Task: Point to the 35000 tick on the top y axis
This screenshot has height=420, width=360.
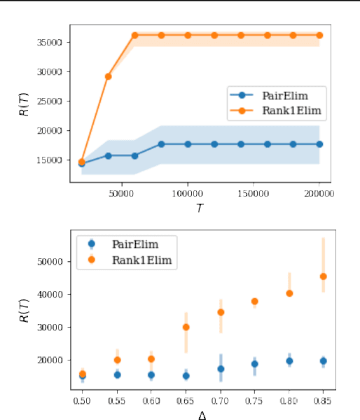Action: point(54,42)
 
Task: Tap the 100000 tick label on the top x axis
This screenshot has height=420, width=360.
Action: point(188,194)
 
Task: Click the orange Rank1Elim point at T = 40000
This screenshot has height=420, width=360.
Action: point(108,76)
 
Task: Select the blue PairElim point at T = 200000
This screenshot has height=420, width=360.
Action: point(319,144)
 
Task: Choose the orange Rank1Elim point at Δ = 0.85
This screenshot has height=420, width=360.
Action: point(323,276)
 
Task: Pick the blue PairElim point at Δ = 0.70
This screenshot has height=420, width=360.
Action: point(221,369)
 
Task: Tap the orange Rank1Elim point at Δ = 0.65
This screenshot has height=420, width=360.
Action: point(186,327)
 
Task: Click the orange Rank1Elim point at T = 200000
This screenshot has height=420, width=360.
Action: point(319,35)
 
